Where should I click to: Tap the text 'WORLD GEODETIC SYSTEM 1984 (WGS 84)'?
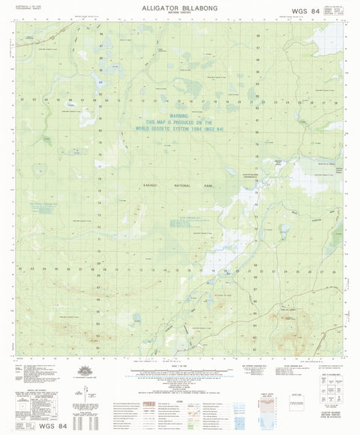point(179,132)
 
